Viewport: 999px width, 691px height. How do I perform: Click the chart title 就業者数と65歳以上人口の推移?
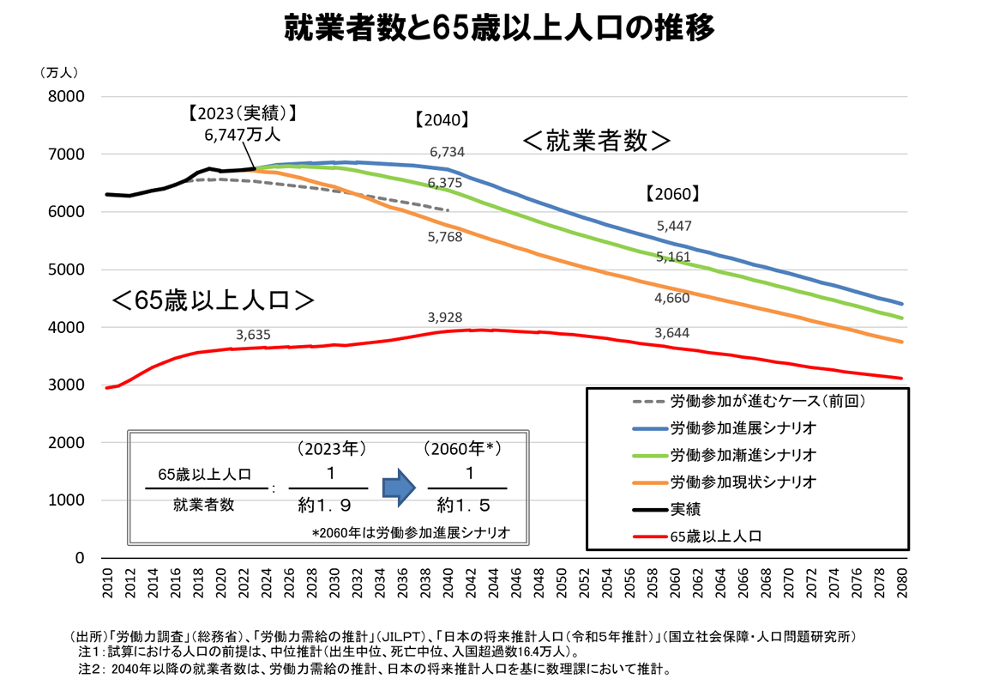pos(499,27)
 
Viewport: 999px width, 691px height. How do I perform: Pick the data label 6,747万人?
pos(243,135)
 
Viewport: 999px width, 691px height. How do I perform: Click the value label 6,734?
pos(447,152)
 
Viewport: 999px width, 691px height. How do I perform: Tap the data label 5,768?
pos(445,237)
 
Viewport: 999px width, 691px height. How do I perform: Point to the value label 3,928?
pos(445,318)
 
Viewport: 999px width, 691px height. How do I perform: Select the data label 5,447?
pos(674,226)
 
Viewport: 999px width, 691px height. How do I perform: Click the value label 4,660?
pos(671,299)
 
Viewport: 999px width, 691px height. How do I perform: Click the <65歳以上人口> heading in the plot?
pos(212,301)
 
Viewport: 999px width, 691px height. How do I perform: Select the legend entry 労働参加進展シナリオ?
pos(743,427)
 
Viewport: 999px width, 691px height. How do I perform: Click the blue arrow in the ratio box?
pos(399,487)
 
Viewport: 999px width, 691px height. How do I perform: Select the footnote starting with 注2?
pos(375,668)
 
